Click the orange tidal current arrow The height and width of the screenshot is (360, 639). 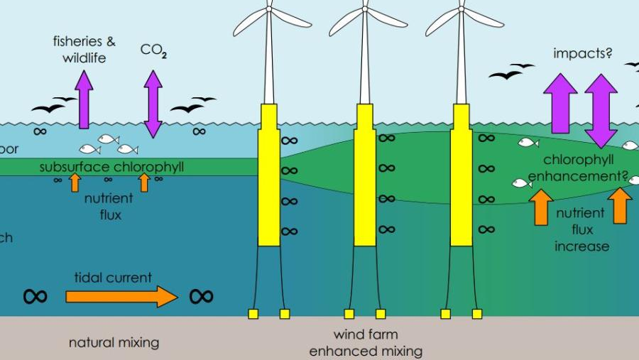(x=121, y=296)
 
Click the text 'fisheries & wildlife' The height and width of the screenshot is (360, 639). (x=83, y=49)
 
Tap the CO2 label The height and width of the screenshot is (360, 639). (x=153, y=50)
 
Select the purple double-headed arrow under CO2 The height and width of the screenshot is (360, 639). (x=153, y=104)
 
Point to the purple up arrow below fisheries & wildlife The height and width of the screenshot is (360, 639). (x=84, y=100)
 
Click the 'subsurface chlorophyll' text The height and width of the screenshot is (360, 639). (x=111, y=168)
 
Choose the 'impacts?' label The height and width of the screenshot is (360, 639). (x=582, y=53)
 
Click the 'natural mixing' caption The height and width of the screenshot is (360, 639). (x=114, y=343)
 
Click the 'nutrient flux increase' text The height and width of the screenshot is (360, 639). (x=581, y=229)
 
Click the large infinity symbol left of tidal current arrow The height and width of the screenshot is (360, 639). (x=35, y=296)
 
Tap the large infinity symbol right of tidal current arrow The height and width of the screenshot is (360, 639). (x=201, y=296)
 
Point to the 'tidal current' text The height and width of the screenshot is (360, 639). (x=114, y=278)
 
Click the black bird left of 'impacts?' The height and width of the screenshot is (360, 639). (x=506, y=73)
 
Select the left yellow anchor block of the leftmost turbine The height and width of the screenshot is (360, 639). (x=253, y=314)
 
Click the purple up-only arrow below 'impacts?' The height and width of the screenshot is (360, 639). (x=560, y=104)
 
